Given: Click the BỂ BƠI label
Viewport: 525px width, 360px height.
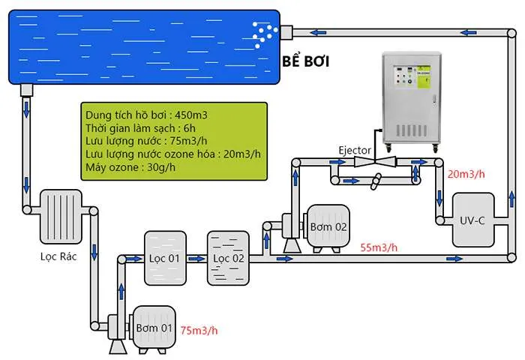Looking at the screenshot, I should click(x=305, y=61).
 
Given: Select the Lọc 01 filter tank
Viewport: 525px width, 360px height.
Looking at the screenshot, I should click(x=164, y=258).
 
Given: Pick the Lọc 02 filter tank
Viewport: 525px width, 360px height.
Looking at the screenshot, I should click(x=227, y=258).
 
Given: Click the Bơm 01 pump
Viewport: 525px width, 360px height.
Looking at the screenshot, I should click(x=153, y=329).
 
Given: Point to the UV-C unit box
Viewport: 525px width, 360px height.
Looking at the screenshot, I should click(x=472, y=219).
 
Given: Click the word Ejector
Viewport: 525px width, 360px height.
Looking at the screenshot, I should click(x=354, y=151).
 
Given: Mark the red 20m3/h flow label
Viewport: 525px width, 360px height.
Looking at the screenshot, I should click(x=467, y=174).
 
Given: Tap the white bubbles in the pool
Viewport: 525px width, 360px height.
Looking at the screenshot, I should click(x=264, y=31).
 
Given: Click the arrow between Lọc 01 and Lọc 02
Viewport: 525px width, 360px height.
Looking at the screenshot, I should click(x=196, y=259).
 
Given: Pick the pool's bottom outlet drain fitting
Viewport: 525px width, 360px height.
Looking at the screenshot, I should click(x=28, y=90).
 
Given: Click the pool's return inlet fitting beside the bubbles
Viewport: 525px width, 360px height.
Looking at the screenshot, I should click(x=285, y=31).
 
